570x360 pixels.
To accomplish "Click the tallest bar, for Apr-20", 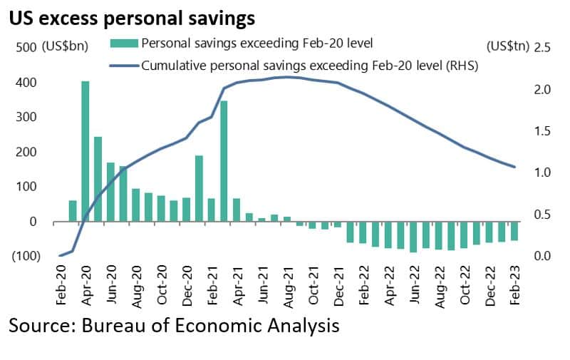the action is pyautogui.click(x=85, y=151).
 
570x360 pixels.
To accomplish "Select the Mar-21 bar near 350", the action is pyautogui.click(x=224, y=161).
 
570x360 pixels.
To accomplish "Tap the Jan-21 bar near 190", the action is pyautogui.click(x=199, y=188).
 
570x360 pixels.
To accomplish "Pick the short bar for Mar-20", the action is pyautogui.click(x=73, y=211).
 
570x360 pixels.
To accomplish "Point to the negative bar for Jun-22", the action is pyautogui.click(x=413, y=237).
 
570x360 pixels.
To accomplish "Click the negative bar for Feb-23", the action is pyautogui.click(x=514, y=231).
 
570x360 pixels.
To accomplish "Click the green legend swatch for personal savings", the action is pyautogui.click(x=124, y=43).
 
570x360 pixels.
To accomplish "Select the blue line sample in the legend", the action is pyautogui.click(x=124, y=66).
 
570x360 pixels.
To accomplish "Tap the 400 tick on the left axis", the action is pyautogui.click(x=26, y=83).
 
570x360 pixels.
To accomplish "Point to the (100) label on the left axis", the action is pyautogui.click(x=26, y=256).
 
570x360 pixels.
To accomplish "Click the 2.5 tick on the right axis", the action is pyautogui.click(x=543, y=47).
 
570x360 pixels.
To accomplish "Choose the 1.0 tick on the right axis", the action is pyautogui.click(x=543, y=173).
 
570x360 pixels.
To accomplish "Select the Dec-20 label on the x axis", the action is pyautogui.click(x=187, y=286).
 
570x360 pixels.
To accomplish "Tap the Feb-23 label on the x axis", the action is pyautogui.click(x=515, y=284).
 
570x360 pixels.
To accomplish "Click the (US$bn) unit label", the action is pyautogui.click(x=65, y=46).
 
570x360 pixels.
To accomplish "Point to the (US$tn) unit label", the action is pyautogui.click(x=508, y=46).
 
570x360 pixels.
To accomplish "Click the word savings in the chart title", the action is pyautogui.click(x=222, y=19).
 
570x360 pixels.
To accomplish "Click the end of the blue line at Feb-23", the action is pyautogui.click(x=514, y=167).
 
